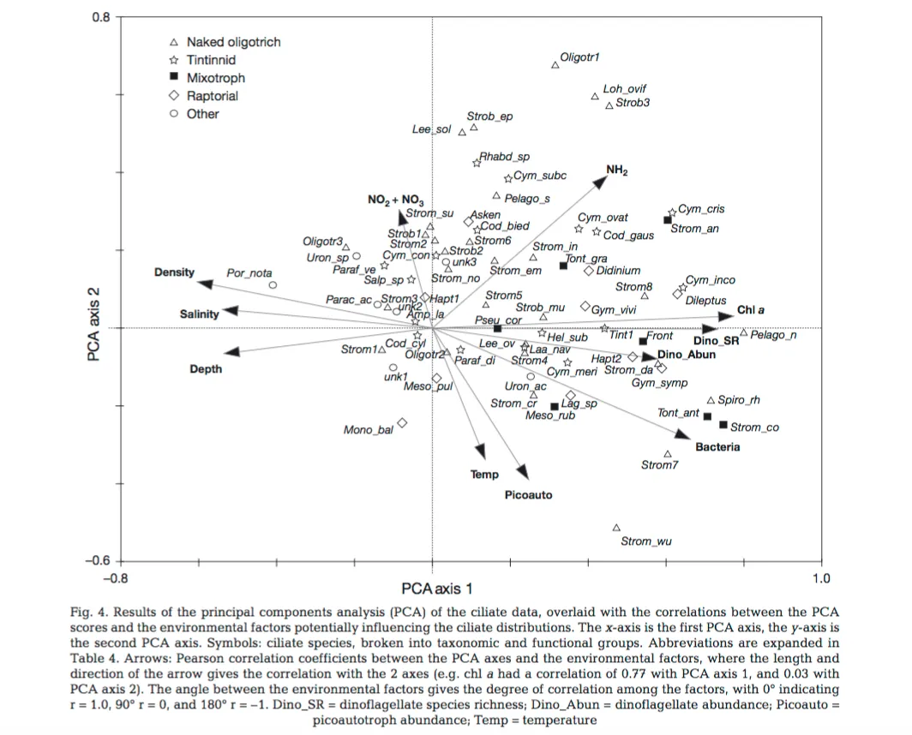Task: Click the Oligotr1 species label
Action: pos(579,57)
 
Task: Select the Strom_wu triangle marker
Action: pos(616,528)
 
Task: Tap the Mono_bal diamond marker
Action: pos(402,422)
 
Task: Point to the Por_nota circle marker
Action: pos(273,285)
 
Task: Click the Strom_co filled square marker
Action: pos(723,425)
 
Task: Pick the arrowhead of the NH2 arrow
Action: pos(599,180)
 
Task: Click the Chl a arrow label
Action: pos(750,310)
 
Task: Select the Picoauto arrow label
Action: pos(528,495)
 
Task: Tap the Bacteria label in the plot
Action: pos(717,447)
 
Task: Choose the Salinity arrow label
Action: pos(199,314)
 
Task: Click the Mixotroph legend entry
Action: pos(215,78)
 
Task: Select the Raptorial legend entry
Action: pos(213,96)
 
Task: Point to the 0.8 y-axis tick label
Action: pos(101,16)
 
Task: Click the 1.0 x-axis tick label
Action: pos(820,577)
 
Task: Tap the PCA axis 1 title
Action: pos(436,589)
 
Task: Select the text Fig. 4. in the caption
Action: pos(89,612)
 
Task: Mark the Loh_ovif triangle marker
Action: pos(595,97)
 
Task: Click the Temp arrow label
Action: pos(484,474)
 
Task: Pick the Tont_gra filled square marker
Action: pos(563,266)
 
